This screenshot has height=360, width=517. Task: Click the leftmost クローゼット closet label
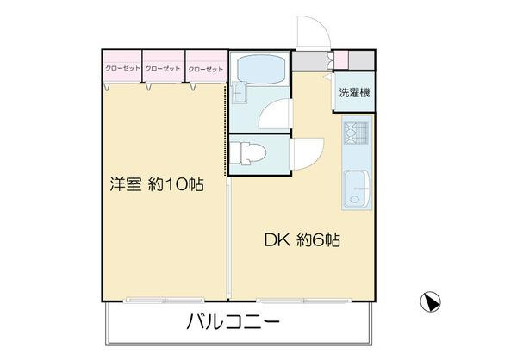point(123,68)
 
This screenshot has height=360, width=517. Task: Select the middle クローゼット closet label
point(164,68)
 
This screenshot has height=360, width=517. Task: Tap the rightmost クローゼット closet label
point(205,68)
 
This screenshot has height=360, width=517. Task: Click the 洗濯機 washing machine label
point(354,93)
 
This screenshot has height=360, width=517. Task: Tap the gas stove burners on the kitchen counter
point(354,133)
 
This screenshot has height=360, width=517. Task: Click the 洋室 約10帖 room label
point(156,184)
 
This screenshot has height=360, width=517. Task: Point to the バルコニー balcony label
point(233,324)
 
